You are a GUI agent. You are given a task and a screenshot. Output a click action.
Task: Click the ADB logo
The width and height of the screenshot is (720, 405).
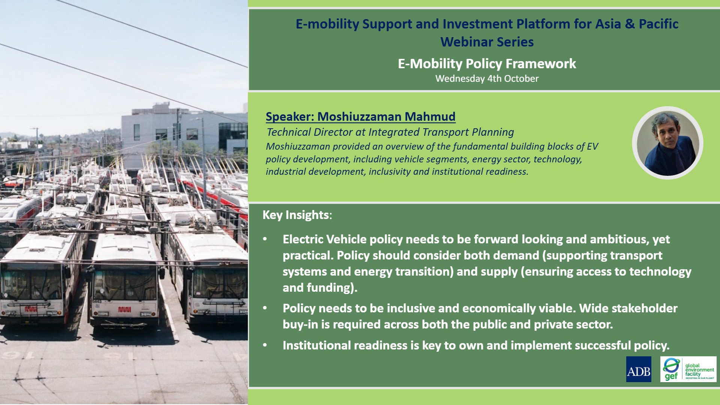(639, 369)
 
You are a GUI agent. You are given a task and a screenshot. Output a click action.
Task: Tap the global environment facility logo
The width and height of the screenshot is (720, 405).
(688, 369)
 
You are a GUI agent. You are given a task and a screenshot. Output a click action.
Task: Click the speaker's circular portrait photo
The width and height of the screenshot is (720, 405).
(667, 143)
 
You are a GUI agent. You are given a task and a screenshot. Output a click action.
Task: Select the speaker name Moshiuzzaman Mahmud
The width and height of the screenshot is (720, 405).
(386, 117)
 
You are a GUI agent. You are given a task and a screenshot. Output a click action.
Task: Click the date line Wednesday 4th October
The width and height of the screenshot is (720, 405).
(487, 79)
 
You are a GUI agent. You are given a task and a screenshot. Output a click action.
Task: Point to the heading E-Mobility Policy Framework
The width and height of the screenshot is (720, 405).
(487, 64)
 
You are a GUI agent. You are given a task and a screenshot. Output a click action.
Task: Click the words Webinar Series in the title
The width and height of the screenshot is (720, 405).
(487, 42)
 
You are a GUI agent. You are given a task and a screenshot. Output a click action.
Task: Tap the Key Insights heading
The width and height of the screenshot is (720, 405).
(297, 215)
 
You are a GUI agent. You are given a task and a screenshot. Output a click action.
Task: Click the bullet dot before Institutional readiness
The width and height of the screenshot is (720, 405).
(265, 345)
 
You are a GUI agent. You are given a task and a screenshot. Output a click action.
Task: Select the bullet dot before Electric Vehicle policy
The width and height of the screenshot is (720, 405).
(265, 239)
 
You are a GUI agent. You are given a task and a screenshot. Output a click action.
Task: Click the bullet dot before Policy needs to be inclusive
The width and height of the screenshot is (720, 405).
(265, 308)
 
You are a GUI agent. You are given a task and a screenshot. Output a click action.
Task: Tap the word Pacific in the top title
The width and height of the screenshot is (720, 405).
(658, 24)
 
